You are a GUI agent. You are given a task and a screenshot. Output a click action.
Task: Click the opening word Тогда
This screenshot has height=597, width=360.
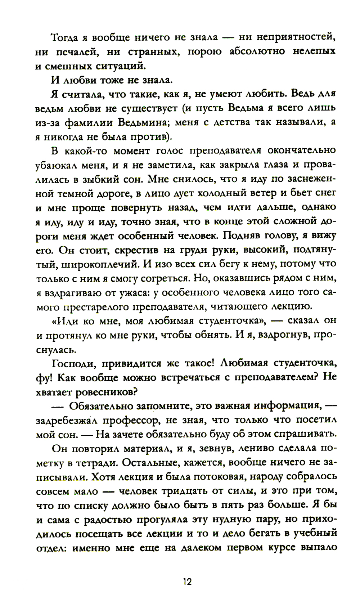click(68, 37)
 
